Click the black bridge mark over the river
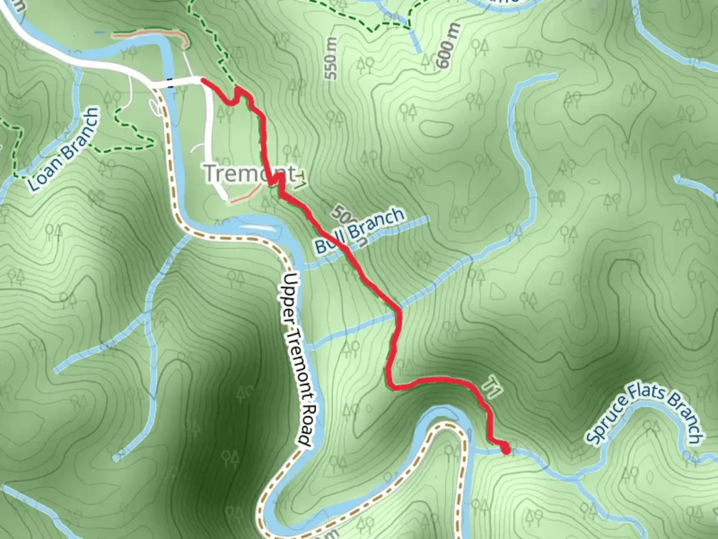[171, 83]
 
